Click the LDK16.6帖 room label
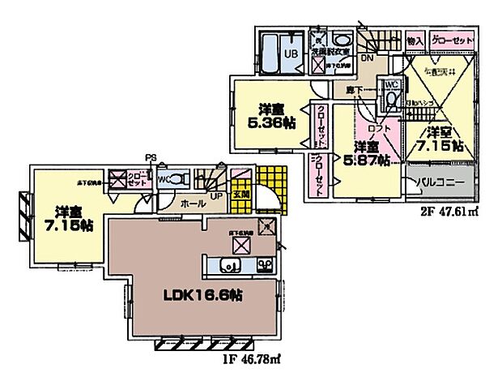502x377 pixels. (198, 294)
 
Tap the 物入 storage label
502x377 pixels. (415, 40)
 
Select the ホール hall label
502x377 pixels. (191, 204)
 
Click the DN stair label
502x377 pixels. (367, 58)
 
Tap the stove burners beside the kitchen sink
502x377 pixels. (264, 265)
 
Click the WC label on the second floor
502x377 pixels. (389, 84)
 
